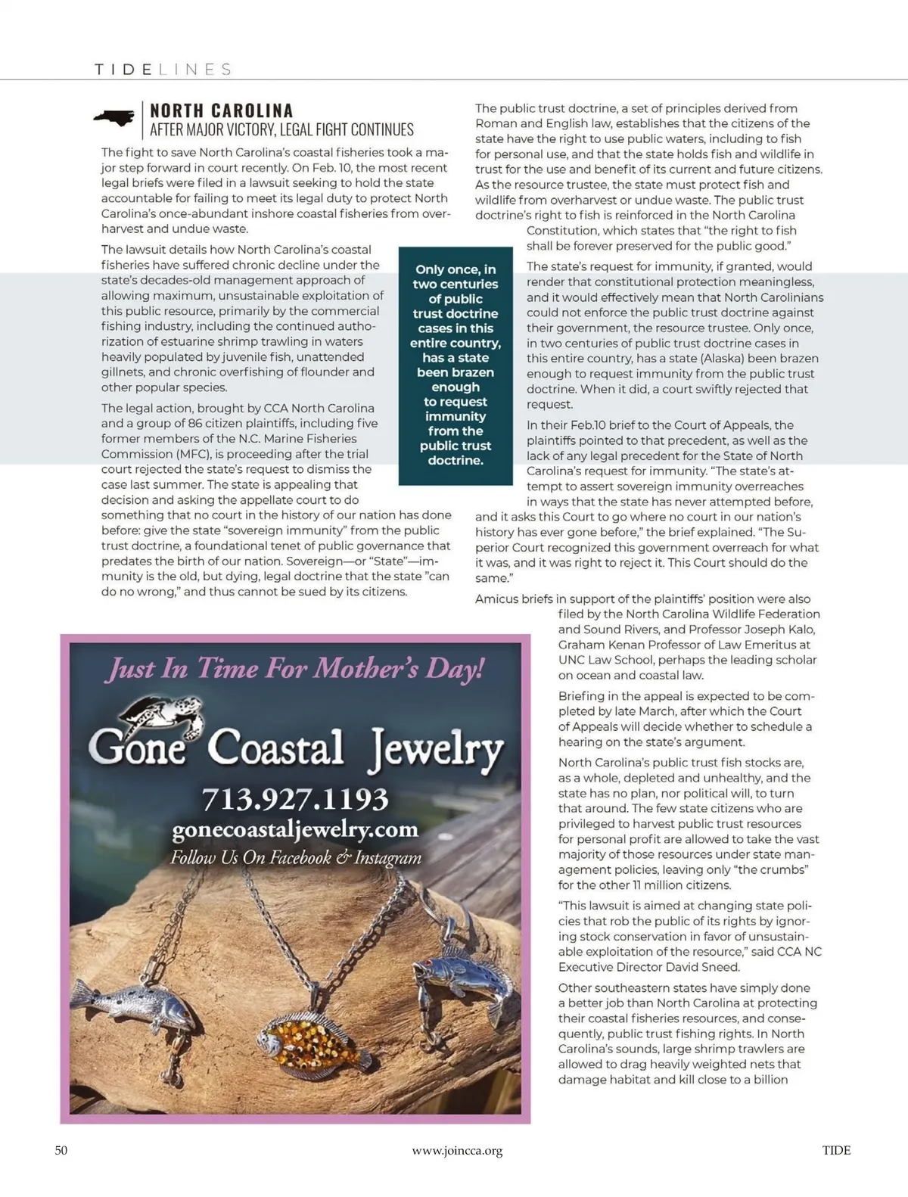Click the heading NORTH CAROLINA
[221, 111]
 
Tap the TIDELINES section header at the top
[163, 70]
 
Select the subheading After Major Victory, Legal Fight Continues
[281, 130]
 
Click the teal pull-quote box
[456, 365]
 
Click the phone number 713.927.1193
[295, 799]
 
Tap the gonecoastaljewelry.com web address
[295, 829]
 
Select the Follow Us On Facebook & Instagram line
[295, 857]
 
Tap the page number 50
[61, 1150]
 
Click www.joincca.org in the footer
[457, 1151]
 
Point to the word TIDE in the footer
[836, 1150]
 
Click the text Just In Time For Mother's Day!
[295, 669]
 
